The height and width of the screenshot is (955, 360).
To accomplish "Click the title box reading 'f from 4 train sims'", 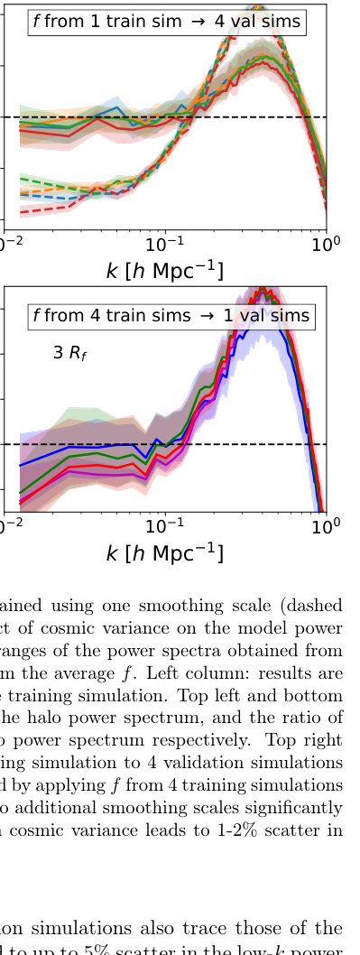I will pyautogui.click(x=171, y=315).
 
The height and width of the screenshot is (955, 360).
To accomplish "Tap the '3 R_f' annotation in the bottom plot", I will pyautogui.click(x=69, y=353).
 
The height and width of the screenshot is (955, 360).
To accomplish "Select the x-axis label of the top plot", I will pyautogui.click(x=164, y=271).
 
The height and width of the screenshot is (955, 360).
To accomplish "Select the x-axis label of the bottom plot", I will pyautogui.click(x=164, y=552).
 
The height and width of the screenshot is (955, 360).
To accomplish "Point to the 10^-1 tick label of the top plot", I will pyautogui.click(x=165, y=245).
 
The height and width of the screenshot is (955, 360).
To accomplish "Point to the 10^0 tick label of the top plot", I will pyautogui.click(x=326, y=245).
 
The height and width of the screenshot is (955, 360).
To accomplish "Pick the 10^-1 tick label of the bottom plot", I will pyautogui.click(x=165, y=526).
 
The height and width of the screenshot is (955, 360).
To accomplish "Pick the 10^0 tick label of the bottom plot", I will pyautogui.click(x=326, y=526).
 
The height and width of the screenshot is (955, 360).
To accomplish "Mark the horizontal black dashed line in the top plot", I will pyautogui.click(x=90, y=117).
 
